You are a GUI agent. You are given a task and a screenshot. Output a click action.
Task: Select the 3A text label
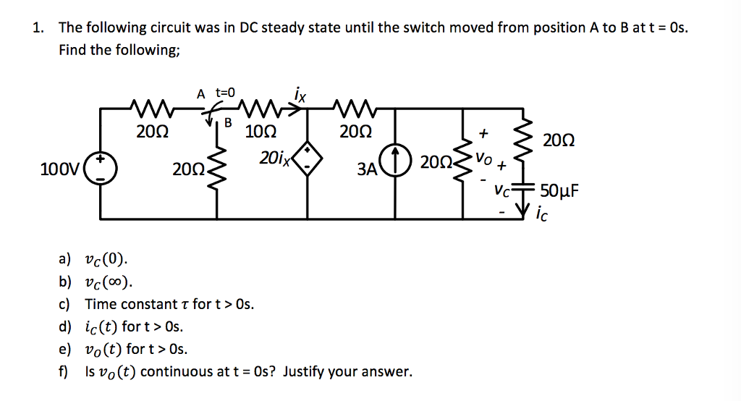tap(367, 170)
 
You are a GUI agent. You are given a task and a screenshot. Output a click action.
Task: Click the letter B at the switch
tap(227, 123)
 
